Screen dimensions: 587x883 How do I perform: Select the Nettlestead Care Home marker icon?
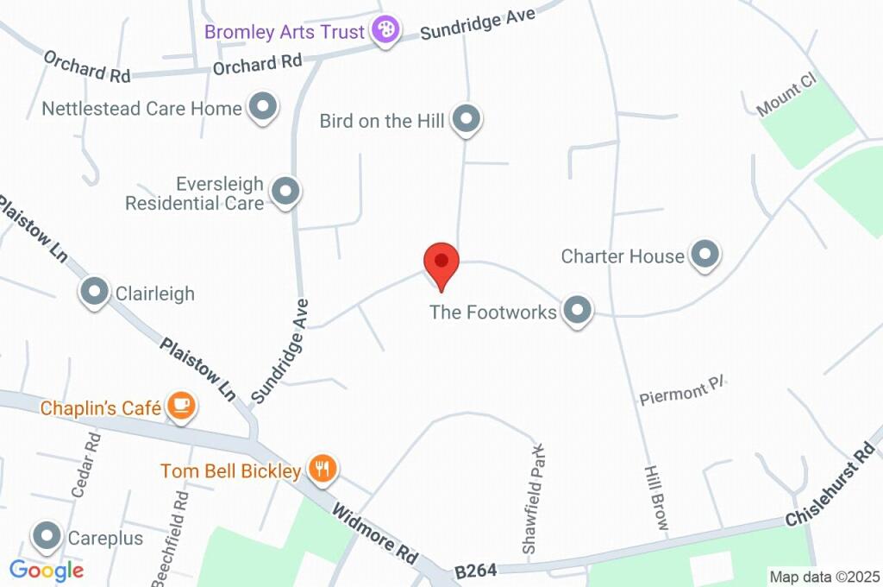(263, 108)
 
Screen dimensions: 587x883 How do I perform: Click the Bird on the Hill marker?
(467, 119)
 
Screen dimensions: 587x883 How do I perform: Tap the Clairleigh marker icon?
(94, 293)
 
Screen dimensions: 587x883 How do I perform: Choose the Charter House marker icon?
(705, 256)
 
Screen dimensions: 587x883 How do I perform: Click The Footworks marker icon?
(577, 311)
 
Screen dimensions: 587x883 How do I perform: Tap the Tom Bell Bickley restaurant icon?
(323, 470)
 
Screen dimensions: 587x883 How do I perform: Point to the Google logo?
(47, 570)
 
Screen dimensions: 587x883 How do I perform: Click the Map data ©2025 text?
(824, 577)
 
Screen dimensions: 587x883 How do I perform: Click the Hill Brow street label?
(654, 501)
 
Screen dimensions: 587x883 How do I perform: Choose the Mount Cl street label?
(786, 95)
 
